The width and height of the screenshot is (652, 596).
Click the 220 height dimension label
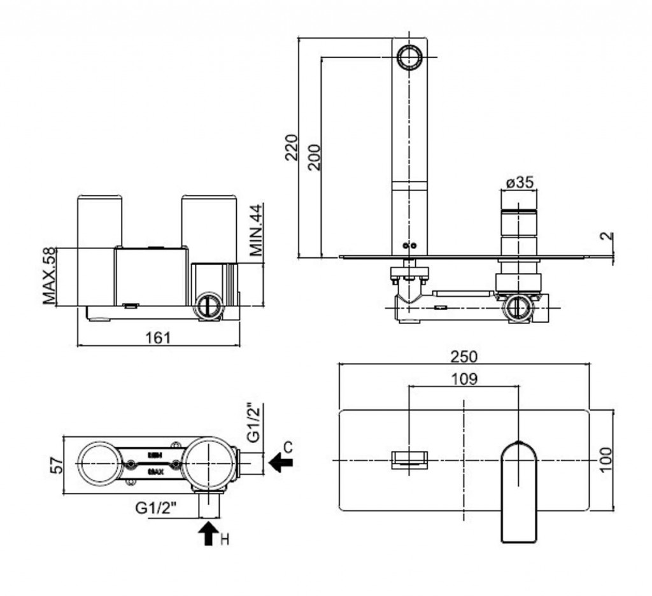tap(290, 147)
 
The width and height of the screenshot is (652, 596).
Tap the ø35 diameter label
tap(519, 183)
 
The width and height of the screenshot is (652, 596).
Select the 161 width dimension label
tap(158, 337)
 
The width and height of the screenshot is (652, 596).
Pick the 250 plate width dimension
tap(464, 357)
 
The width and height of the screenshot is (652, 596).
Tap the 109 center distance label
tap(464, 379)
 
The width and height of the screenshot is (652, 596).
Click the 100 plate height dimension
tap(606, 459)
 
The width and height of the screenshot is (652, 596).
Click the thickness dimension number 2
tap(607, 236)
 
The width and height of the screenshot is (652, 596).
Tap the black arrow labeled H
tap(208, 533)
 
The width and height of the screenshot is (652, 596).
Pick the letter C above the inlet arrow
tap(288, 447)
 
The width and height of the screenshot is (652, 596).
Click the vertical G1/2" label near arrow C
tap(253, 423)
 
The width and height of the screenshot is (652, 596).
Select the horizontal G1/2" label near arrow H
tap(156, 508)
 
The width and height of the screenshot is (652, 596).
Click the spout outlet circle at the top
tap(409, 57)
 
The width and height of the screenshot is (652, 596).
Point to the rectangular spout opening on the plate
tap(410, 459)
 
